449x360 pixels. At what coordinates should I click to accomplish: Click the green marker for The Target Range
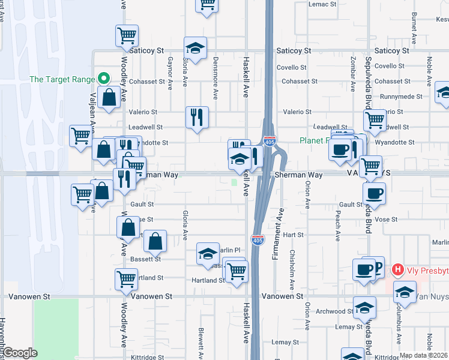tap(103, 79)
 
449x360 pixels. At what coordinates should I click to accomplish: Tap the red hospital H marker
tap(397, 271)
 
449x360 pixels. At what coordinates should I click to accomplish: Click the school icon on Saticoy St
tap(194, 47)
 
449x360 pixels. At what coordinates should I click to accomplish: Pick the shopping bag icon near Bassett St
tap(155, 241)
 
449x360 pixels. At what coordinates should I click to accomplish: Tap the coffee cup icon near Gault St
tap(374, 193)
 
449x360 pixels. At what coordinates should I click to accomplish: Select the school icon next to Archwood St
tap(364, 307)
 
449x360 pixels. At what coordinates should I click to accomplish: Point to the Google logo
tap(20, 353)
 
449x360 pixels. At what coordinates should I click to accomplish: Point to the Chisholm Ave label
tap(292, 267)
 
